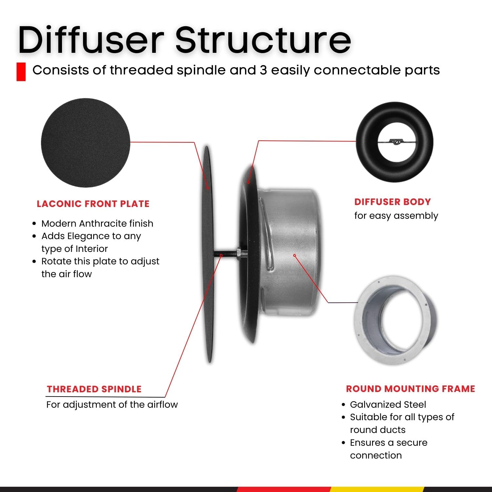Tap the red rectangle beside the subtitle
point(21,72)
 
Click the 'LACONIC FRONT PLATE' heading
point(93,204)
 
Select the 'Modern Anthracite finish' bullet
point(97,223)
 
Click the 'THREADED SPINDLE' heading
point(94,389)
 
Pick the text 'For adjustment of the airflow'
point(112,404)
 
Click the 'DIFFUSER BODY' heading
point(392,202)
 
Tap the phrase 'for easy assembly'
point(396,215)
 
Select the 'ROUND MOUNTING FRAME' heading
point(410,389)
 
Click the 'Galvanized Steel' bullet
point(388,404)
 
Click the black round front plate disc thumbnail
point(86,143)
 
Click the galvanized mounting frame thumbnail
point(395,320)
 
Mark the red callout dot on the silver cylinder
point(295,255)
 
